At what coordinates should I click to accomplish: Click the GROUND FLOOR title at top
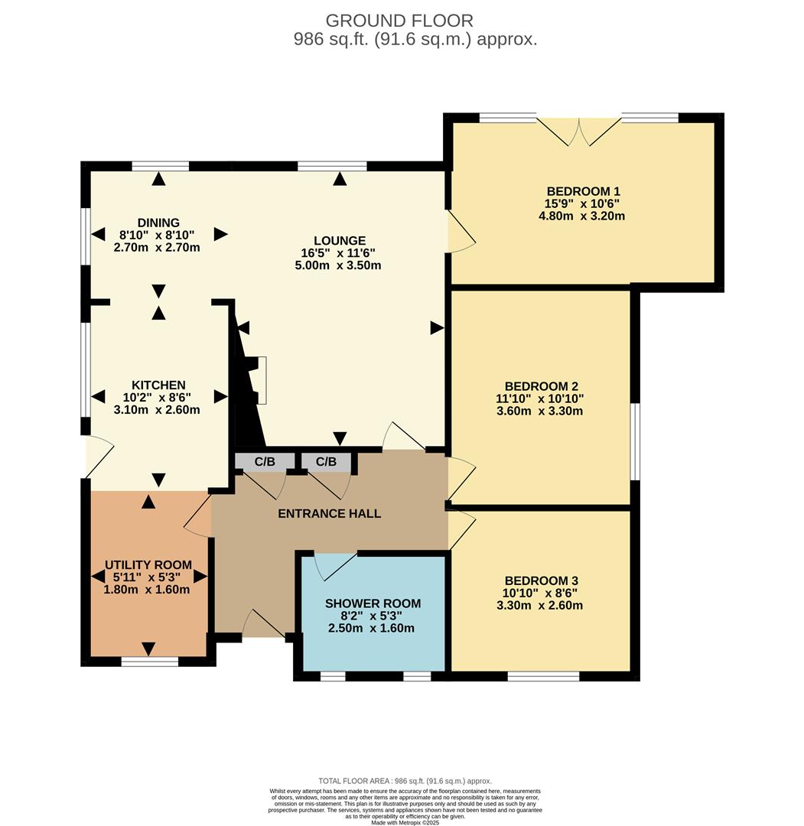399,21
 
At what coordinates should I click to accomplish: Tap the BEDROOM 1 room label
583,191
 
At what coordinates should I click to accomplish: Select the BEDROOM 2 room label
541,386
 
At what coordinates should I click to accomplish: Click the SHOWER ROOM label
373,603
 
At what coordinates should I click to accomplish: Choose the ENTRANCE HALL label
329,513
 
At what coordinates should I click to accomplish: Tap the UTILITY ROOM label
148,565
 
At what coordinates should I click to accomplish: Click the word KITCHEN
158,385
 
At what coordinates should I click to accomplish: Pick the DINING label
158,223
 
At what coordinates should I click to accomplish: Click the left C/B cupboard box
265,461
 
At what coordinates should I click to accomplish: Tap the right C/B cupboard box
326,461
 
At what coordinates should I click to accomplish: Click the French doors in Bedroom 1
579,130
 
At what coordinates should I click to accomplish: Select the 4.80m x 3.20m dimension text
583,216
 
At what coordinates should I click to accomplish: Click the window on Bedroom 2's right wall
635,441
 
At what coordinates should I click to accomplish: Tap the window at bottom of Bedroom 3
543,676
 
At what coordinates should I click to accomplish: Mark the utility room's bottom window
149,661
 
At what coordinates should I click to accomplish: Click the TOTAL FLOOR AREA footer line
405,781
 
